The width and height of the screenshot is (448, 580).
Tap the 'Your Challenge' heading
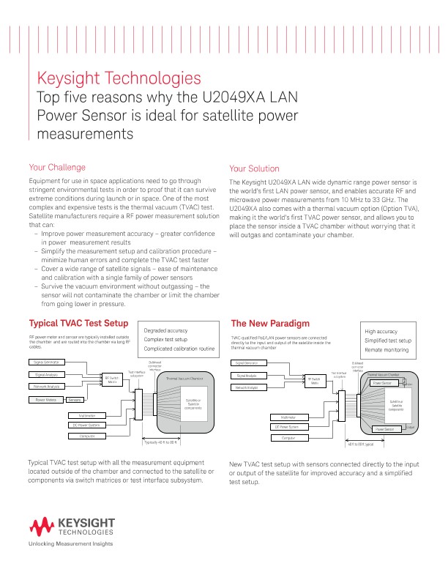(x=56, y=167)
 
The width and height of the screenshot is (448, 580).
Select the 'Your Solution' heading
(x=254, y=168)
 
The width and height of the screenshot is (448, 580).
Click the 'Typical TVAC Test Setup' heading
(x=78, y=323)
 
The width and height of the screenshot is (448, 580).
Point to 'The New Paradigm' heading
(x=270, y=323)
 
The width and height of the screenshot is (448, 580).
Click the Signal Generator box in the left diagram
(x=46, y=362)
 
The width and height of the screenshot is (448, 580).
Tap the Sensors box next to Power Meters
(x=75, y=400)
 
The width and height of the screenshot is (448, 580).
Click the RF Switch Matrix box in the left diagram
(x=112, y=379)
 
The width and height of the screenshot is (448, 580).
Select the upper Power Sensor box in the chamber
(x=382, y=382)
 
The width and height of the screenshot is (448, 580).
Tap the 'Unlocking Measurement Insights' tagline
(x=70, y=544)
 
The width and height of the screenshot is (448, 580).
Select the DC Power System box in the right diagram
(x=288, y=426)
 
